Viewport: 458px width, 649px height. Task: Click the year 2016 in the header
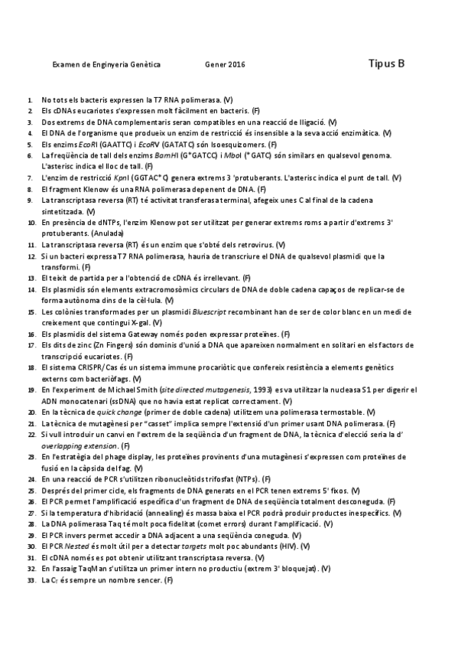tap(237, 66)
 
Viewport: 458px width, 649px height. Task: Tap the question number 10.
tap(31, 223)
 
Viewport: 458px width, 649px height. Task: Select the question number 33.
tap(31, 580)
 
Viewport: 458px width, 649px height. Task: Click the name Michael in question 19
tap(121, 390)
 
